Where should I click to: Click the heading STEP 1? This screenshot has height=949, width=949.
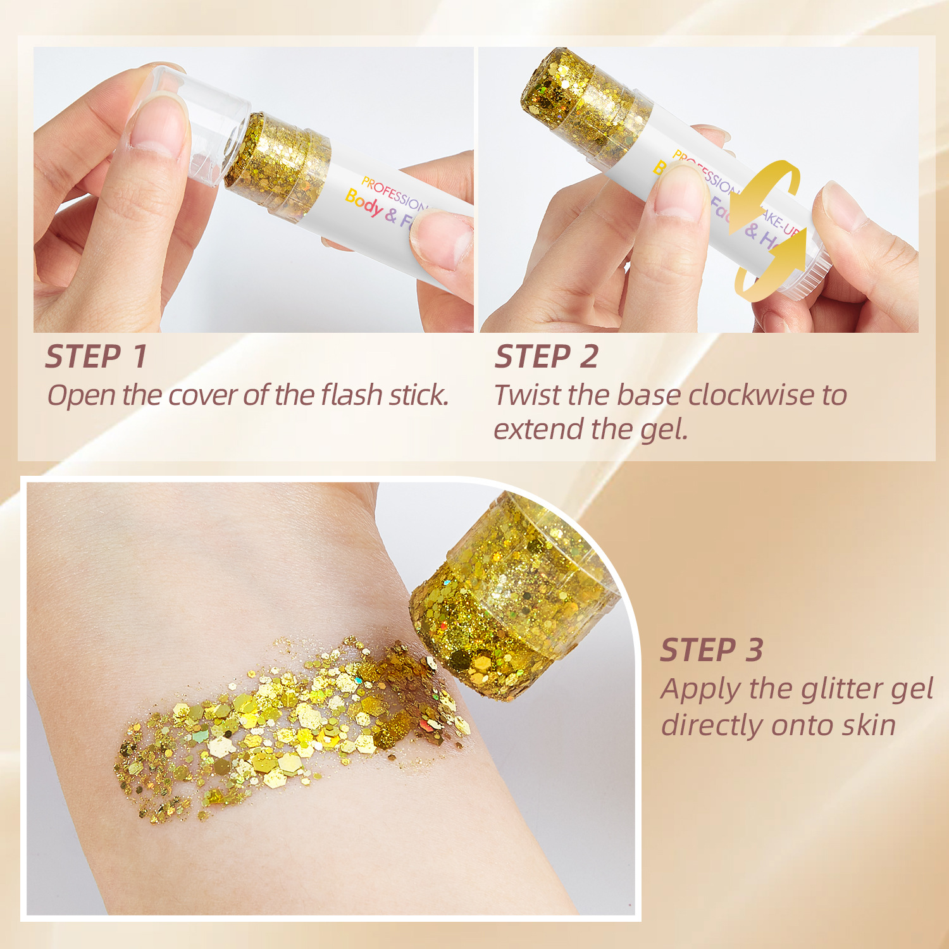(96, 356)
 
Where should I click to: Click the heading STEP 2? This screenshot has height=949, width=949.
(546, 356)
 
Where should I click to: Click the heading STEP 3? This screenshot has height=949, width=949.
(712, 650)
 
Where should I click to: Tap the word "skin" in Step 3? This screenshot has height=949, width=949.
(869, 725)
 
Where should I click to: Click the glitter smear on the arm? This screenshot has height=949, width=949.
(285, 728)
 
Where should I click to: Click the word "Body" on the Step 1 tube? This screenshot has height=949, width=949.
(364, 202)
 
